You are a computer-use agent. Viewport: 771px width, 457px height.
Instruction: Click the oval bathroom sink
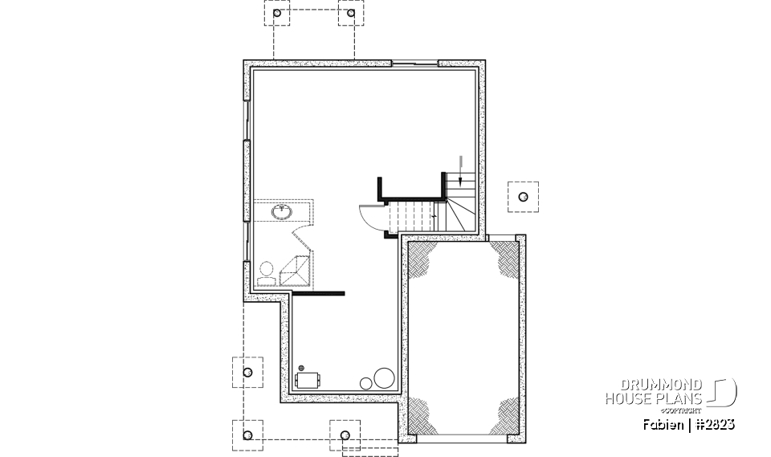282,212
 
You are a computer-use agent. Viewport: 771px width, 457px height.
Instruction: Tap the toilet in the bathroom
266,271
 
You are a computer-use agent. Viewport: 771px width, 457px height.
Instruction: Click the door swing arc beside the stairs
372,216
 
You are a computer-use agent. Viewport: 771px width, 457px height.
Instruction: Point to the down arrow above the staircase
459,164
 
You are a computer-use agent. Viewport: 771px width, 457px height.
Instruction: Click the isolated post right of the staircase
523,196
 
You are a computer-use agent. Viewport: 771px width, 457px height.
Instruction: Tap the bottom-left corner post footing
247,435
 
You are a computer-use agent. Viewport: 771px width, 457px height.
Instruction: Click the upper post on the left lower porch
247,371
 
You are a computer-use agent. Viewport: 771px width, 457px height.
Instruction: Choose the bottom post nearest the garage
346,435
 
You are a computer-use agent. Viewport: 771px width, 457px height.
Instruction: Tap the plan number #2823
715,423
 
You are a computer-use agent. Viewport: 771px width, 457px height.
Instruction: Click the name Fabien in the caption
663,423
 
